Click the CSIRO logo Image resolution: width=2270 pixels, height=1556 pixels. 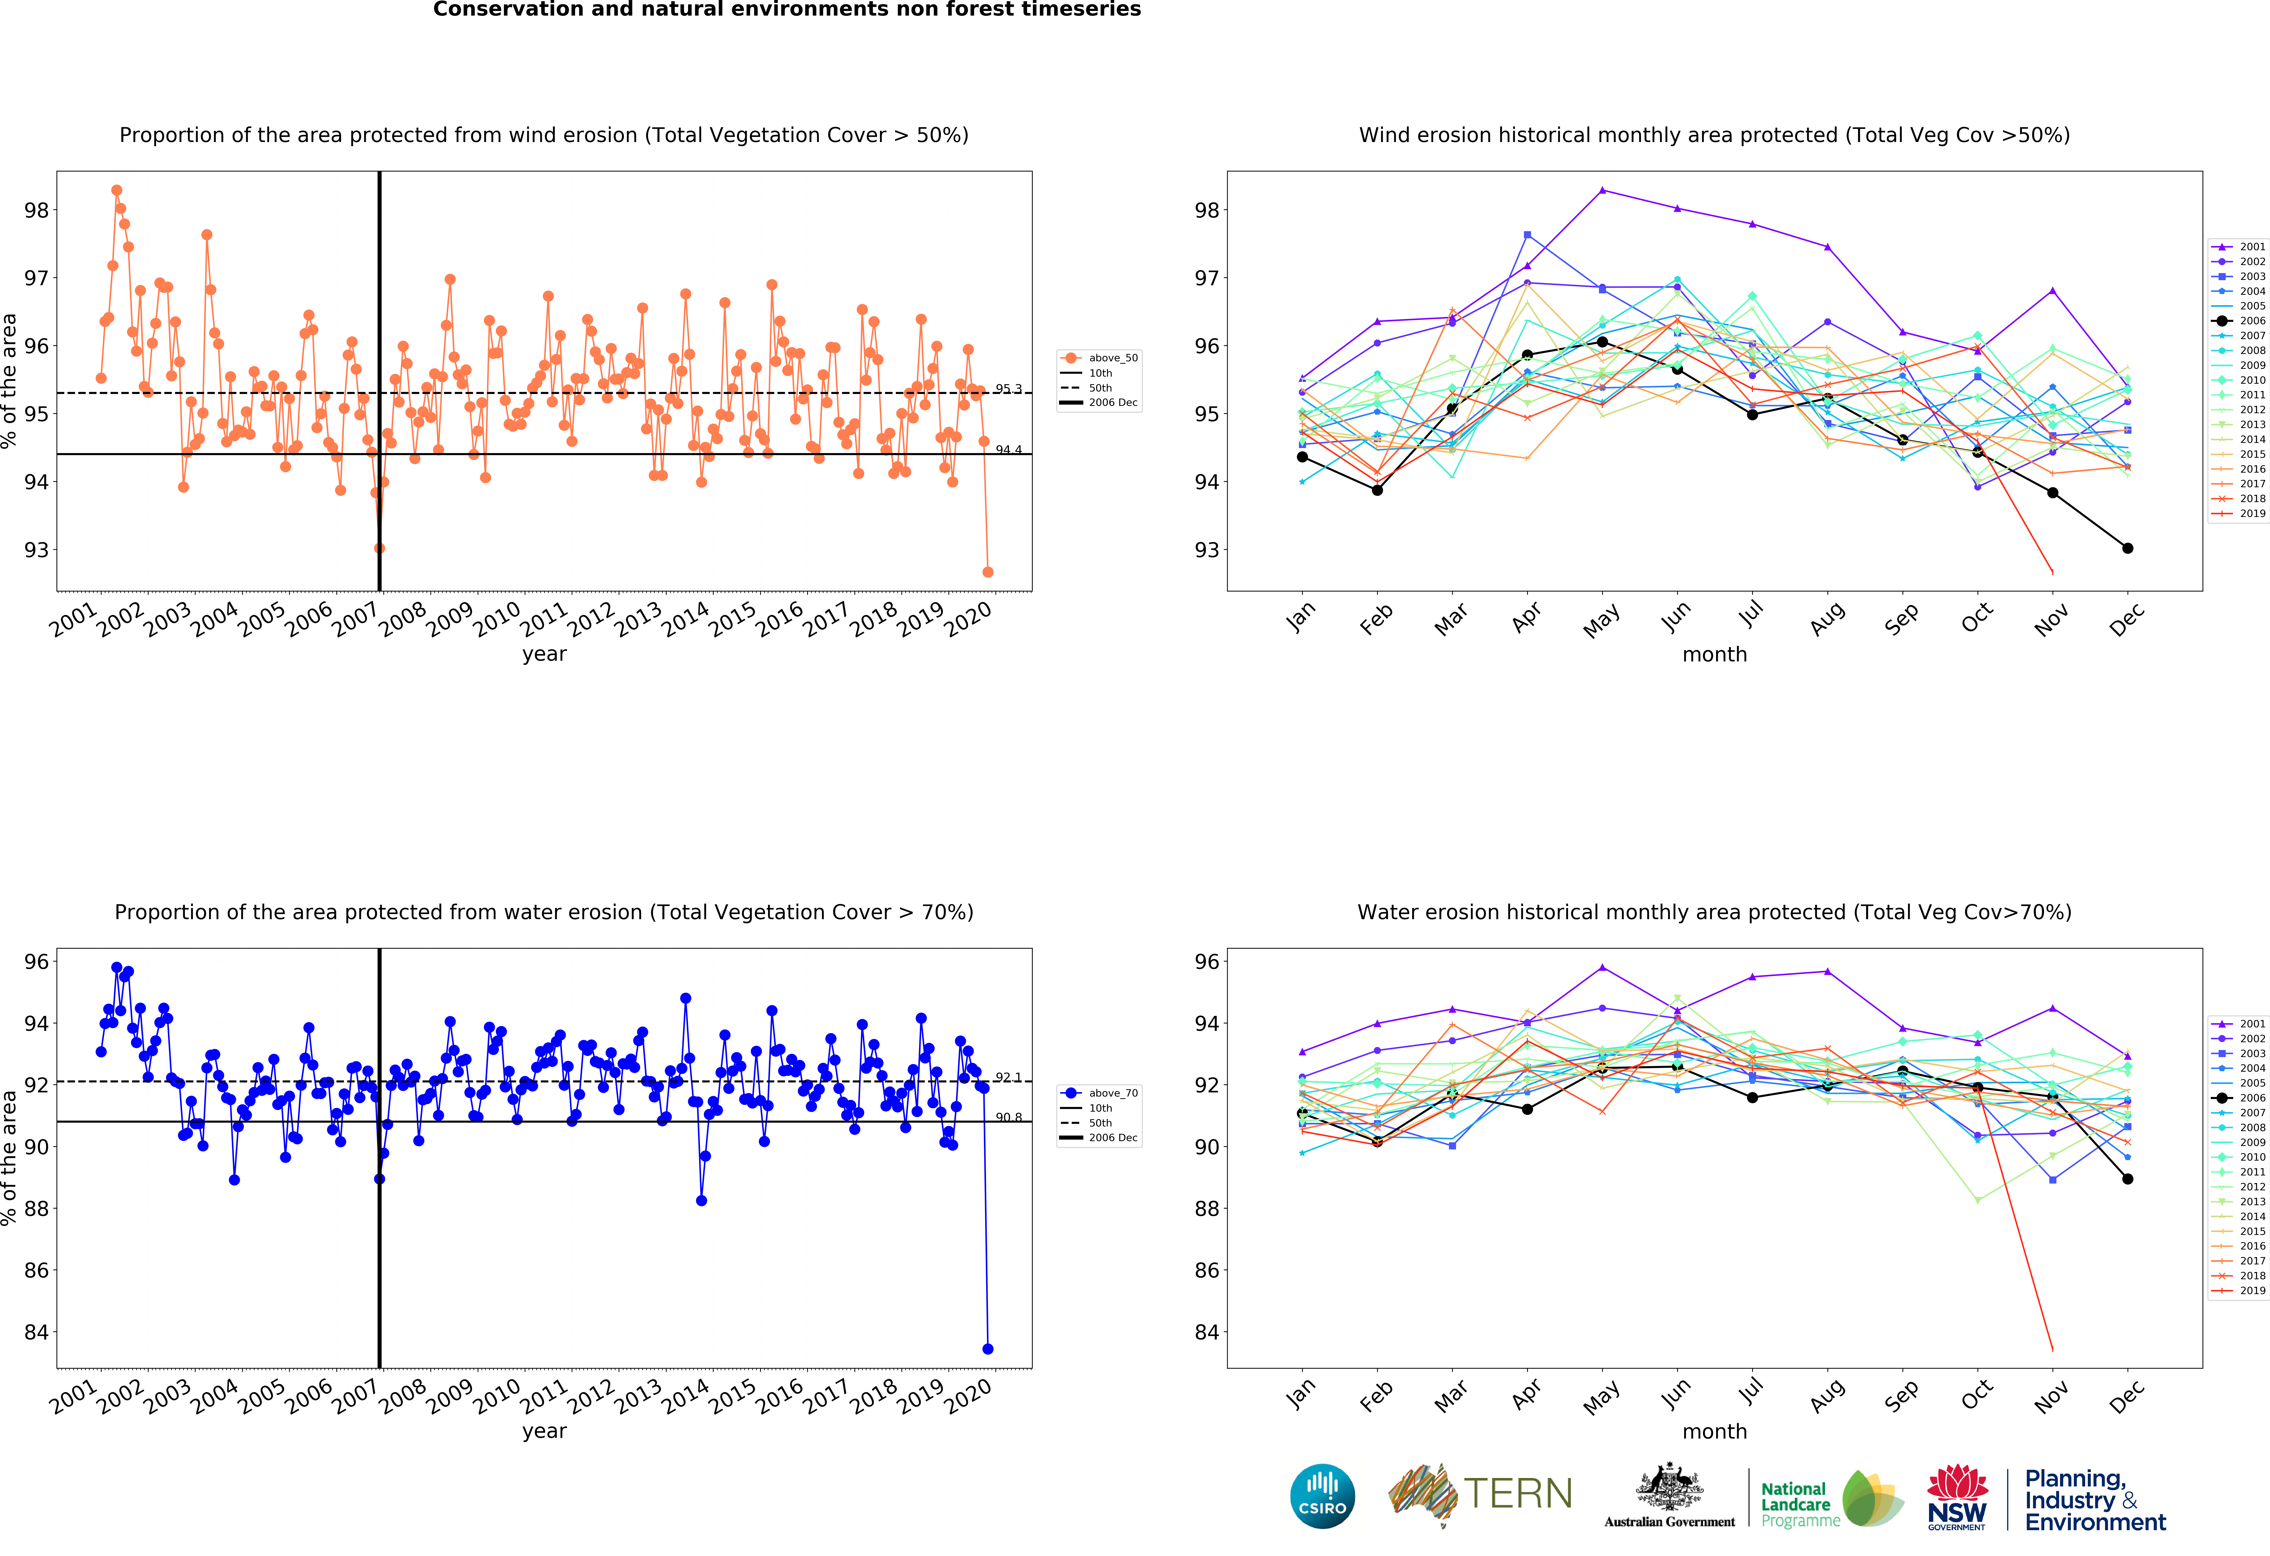coord(1323,1495)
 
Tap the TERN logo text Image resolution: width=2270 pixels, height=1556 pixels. coord(1518,1493)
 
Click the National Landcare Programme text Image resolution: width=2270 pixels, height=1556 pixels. coord(1799,1504)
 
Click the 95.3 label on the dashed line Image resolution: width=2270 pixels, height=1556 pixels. coord(1008,389)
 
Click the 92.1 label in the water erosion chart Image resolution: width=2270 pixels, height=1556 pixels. coord(1008,1077)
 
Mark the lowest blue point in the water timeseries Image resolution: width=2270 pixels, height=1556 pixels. coord(987,1349)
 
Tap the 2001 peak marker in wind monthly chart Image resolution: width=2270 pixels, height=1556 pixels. coord(1602,190)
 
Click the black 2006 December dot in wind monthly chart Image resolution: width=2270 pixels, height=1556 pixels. coord(2127,548)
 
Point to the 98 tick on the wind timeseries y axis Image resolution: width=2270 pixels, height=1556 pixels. coord(36,210)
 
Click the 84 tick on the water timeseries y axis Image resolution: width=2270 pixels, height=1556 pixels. coord(36,1332)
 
